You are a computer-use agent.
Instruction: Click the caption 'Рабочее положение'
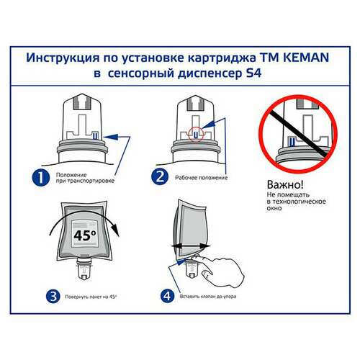coord(201,177)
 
